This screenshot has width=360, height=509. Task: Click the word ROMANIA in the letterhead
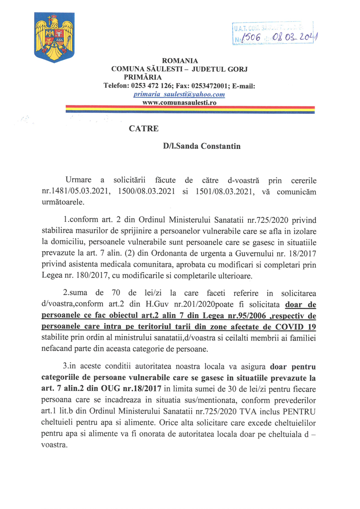pyautogui.click(x=180, y=61)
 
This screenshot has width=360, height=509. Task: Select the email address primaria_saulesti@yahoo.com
pyautogui.click(x=180, y=95)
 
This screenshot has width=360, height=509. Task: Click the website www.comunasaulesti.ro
pyautogui.click(x=180, y=103)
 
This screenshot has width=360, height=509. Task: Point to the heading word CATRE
pyautogui.click(x=143, y=128)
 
